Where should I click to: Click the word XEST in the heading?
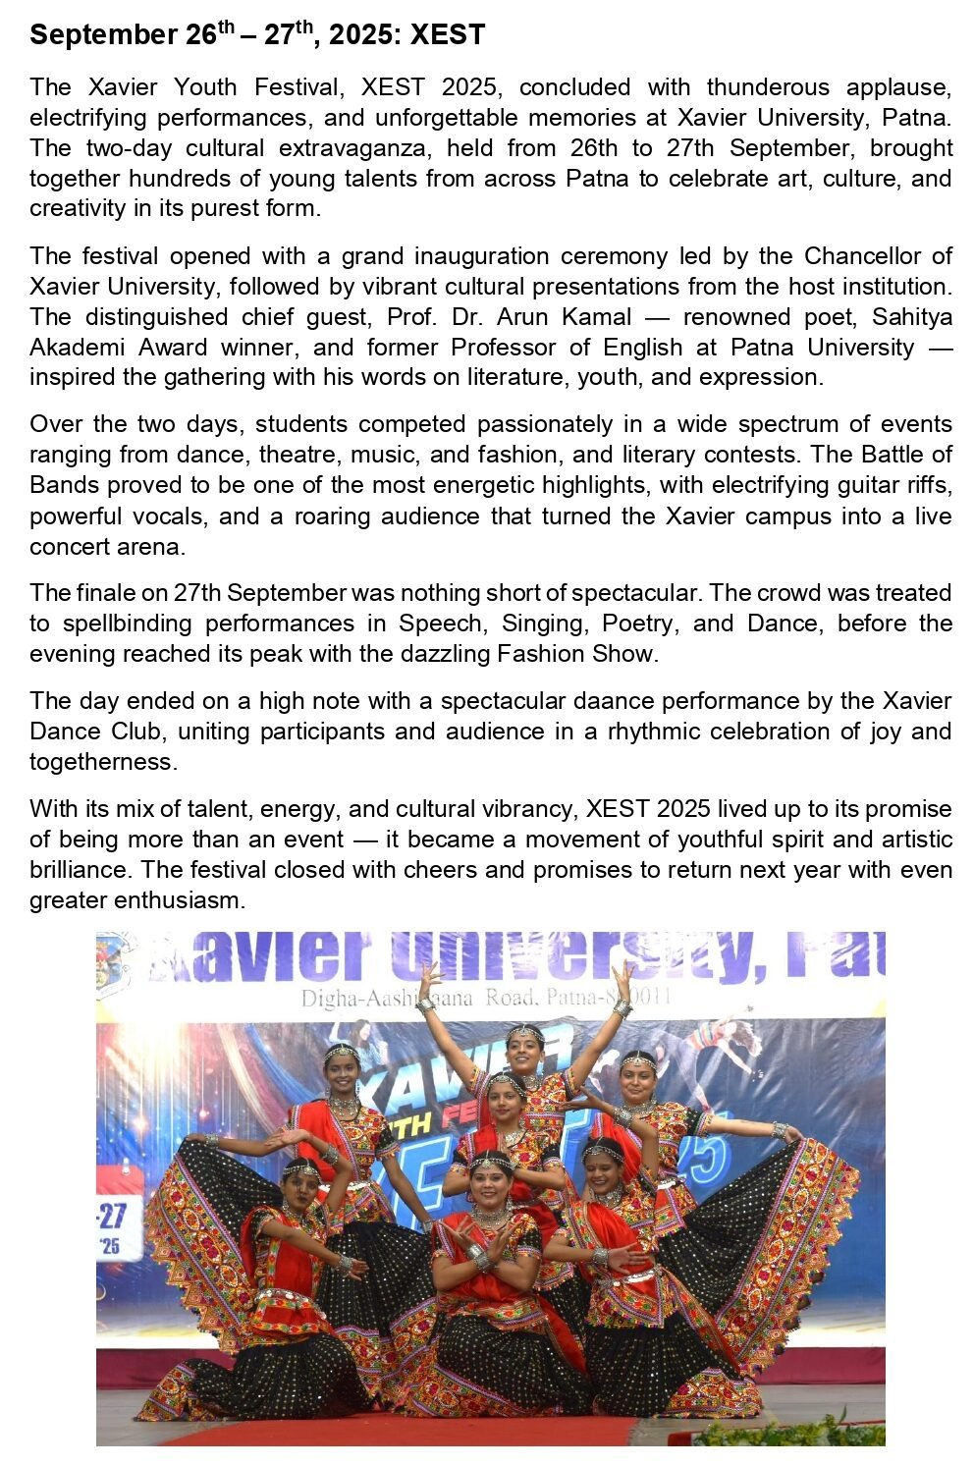448,36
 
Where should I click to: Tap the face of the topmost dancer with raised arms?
525,1050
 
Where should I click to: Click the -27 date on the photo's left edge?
111,1216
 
